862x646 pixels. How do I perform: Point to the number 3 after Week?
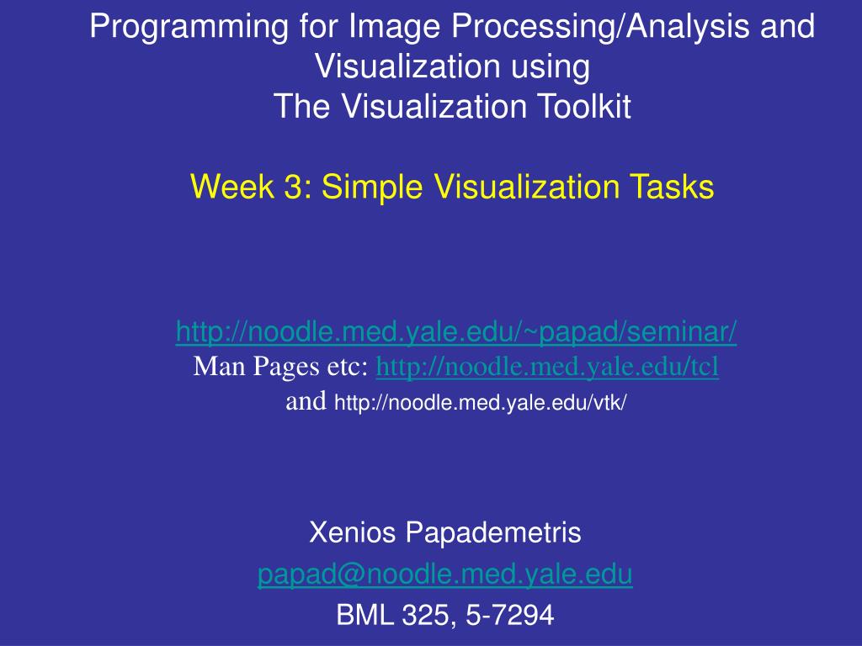point(293,186)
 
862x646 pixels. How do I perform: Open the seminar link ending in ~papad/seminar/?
point(456,331)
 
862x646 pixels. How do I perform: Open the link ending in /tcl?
point(547,367)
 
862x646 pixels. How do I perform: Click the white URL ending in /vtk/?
point(481,403)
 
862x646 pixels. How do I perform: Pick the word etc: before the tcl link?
point(348,368)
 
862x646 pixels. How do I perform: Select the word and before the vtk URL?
point(306,401)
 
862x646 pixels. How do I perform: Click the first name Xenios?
point(353,532)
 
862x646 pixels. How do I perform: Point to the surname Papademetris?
point(493,533)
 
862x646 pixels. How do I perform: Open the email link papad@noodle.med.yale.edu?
point(445,574)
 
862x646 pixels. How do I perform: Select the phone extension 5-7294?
point(509,615)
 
